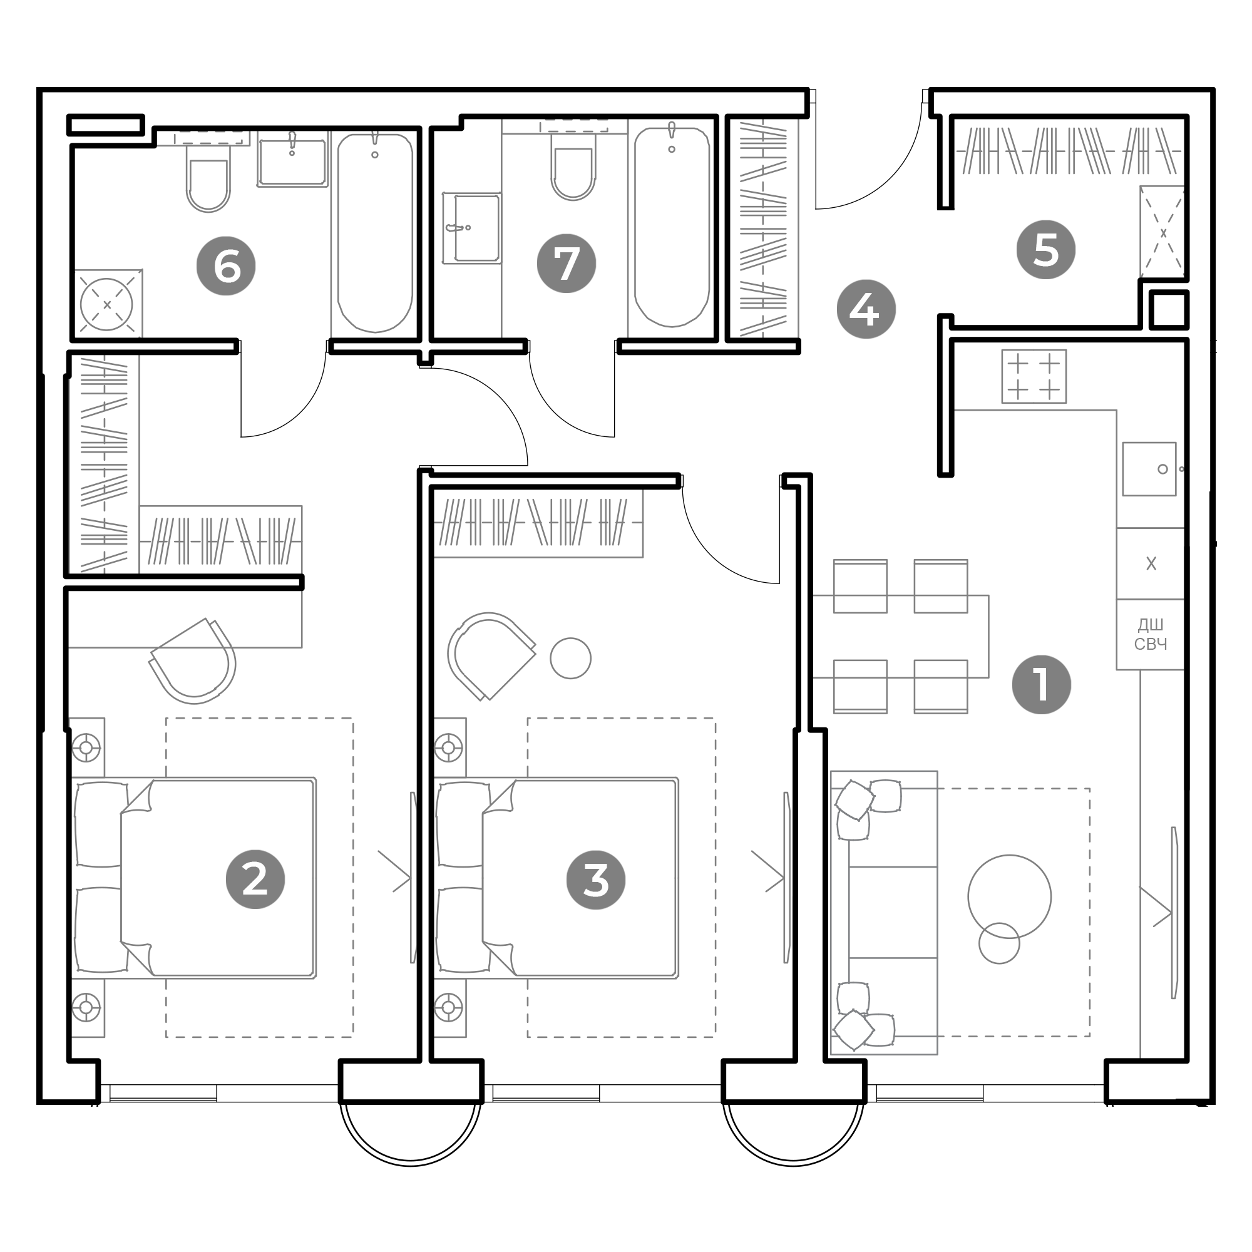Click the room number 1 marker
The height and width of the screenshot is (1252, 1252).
[1041, 685]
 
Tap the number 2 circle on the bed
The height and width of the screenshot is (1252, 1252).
[255, 880]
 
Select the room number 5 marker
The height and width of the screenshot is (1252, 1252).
[1045, 250]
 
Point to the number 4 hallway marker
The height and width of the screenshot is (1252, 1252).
[866, 309]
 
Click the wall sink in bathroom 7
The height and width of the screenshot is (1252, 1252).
[472, 228]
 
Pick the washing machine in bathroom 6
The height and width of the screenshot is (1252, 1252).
[107, 304]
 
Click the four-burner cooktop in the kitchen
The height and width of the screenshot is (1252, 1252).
[1034, 376]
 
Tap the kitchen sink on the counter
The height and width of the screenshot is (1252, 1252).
[1149, 469]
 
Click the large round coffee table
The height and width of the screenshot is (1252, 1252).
[1009, 897]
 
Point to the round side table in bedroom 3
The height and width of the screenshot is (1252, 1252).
[570, 659]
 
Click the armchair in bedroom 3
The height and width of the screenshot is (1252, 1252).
[491, 656]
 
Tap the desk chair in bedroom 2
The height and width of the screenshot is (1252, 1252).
[192, 661]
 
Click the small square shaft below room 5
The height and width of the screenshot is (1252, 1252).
[1168, 310]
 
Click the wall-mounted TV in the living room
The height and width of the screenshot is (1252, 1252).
[1174, 913]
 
